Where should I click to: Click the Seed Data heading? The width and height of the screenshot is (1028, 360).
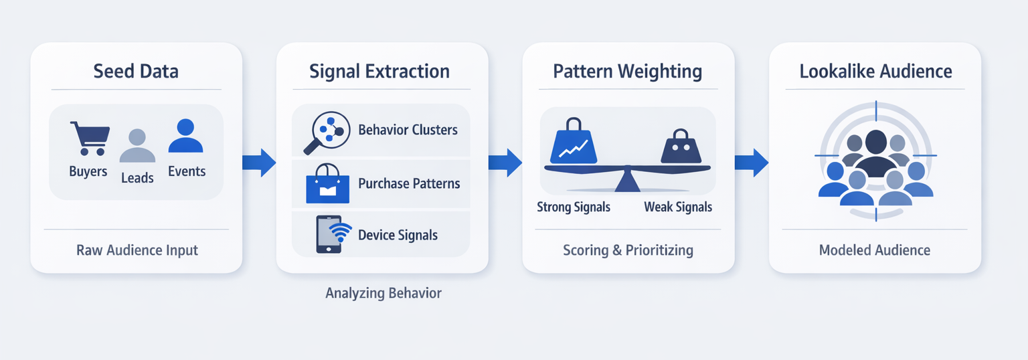(x=136, y=71)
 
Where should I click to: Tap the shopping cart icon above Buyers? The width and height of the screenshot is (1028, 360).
(x=88, y=139)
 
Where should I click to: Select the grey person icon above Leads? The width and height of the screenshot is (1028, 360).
(x=137, y=146)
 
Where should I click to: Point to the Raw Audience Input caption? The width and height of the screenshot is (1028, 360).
(x=137, y=250)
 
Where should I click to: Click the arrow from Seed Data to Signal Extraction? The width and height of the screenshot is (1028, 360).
(x=259, y=163)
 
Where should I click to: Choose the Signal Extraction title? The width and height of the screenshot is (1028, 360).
(x=379, y=71)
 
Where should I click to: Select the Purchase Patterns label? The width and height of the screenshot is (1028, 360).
(x=409, y=183)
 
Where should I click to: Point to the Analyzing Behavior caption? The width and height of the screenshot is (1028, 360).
(x=383, y=293)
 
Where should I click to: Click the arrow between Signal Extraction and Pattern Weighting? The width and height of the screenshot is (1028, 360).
(x=505, y=163)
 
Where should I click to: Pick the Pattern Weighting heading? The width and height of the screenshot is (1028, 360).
(x=627, y=71)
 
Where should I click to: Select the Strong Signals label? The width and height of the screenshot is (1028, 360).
(x=574, y=207)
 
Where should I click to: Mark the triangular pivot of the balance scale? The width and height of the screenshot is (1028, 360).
(x=626, y=181)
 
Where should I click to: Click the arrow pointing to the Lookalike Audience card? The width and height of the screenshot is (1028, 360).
(x=752, y=163)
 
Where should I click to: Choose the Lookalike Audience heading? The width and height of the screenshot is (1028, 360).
(x=875, y=71)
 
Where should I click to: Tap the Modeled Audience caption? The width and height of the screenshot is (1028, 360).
(x=874, y=250)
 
